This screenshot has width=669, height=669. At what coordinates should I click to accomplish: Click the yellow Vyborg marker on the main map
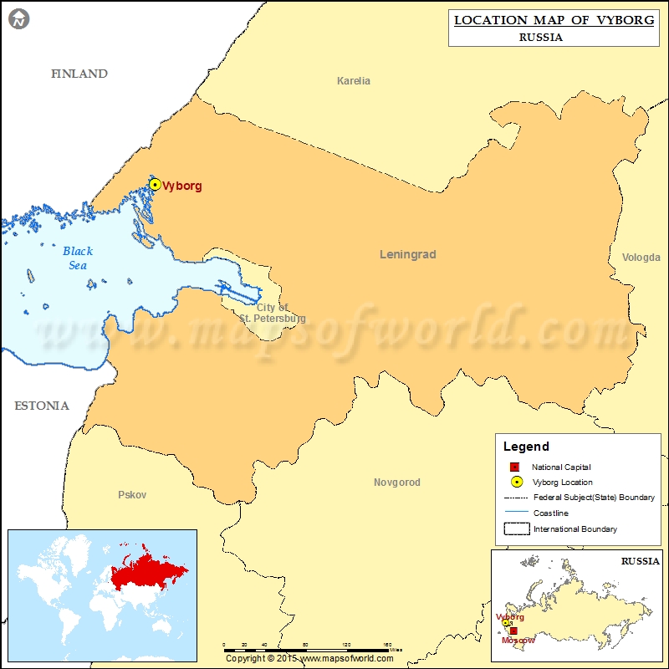155,185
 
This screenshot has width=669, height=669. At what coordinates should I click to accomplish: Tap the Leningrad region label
408,254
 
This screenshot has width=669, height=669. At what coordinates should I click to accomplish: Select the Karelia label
353,81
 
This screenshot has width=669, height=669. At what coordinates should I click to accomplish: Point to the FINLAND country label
79,74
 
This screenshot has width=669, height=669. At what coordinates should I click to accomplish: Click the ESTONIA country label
42,406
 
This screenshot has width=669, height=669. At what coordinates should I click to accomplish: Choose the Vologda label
641,258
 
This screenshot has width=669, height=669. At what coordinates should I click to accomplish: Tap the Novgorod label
396,483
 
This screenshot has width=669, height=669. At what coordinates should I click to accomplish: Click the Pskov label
132,495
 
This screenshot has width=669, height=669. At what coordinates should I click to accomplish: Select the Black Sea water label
78,258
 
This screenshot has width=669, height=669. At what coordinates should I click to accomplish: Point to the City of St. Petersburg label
273,314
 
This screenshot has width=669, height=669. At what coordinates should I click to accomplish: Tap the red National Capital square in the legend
515,467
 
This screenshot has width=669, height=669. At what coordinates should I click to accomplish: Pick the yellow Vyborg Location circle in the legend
516,482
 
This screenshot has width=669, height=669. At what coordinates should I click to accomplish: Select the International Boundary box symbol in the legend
516,529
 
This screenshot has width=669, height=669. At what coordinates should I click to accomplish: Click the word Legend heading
526,447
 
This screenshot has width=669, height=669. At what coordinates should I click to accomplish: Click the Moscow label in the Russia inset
517,640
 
